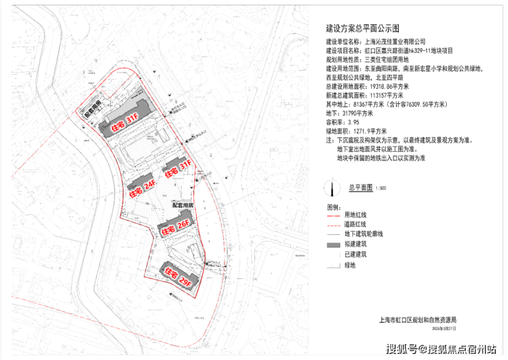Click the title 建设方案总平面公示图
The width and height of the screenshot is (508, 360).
[x=362, y=30]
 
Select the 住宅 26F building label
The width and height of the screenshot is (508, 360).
[x=174, y=227]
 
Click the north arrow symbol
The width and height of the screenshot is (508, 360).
[x=333, y=187]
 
